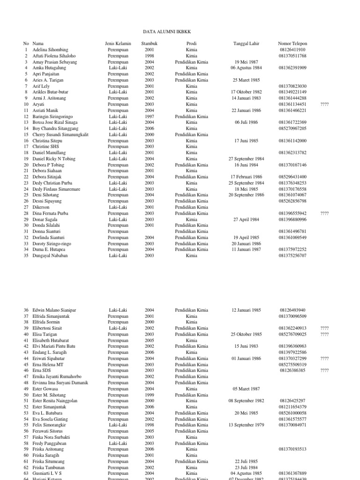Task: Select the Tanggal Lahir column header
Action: [x=246, y=44]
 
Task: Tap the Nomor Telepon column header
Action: [x=292, y=44]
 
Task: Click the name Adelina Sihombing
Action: [x=50, y=50]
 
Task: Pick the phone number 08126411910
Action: [x=292, y=50]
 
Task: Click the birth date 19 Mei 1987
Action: [x=246, y=62]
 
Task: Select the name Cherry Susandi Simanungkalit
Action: [x=60, y=135]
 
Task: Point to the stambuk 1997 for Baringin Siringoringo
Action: [x=149, y=116]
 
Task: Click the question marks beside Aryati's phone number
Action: [x=324, y=104]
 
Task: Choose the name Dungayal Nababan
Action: [x=50, y=255]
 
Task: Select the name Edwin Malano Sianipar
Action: [x=55, y=310]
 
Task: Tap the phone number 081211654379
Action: [x=292, y=407]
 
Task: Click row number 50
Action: [x=26, y=395]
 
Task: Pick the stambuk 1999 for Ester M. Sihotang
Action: [x=149, y=395]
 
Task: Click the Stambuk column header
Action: [x=149, y=44]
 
